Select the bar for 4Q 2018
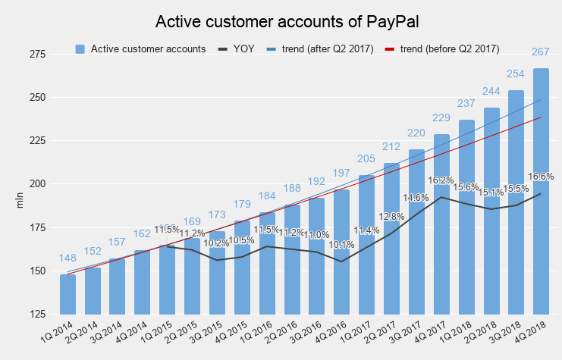click(x=541, y=227)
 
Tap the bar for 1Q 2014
click(x=68, y=296)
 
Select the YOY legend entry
click(x=236, y=49)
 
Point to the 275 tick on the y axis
click(x=37, y=55)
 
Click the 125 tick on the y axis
click(x=37, y=314)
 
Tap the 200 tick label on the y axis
click(x=37, y=184)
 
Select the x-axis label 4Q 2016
click(x=331, y=334)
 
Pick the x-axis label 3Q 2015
click(x=207, y=334)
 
